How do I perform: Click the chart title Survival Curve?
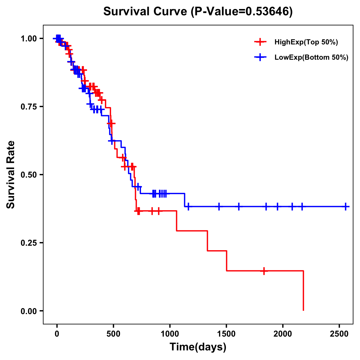tap(145, 11)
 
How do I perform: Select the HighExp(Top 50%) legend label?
tap(306, 42)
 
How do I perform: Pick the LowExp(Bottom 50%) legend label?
tap(311, 58)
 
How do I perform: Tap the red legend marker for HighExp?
tap(260, 42)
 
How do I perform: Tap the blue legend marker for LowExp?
tap(260, 57)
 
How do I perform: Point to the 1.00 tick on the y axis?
tap(29, 38)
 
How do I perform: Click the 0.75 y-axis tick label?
tap(29, 106)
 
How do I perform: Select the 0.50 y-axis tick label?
tap(29, 175)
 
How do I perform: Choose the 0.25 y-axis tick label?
tap(29, 243)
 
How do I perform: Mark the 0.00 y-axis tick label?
tap(29, 311)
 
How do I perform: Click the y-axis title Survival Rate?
tap(11, 175)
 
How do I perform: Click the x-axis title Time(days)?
tap(198, 347)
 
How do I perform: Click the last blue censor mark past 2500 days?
tap(346, 207)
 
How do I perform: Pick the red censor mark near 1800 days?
tap(264, 271)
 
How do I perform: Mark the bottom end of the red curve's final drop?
tap(303, 310)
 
